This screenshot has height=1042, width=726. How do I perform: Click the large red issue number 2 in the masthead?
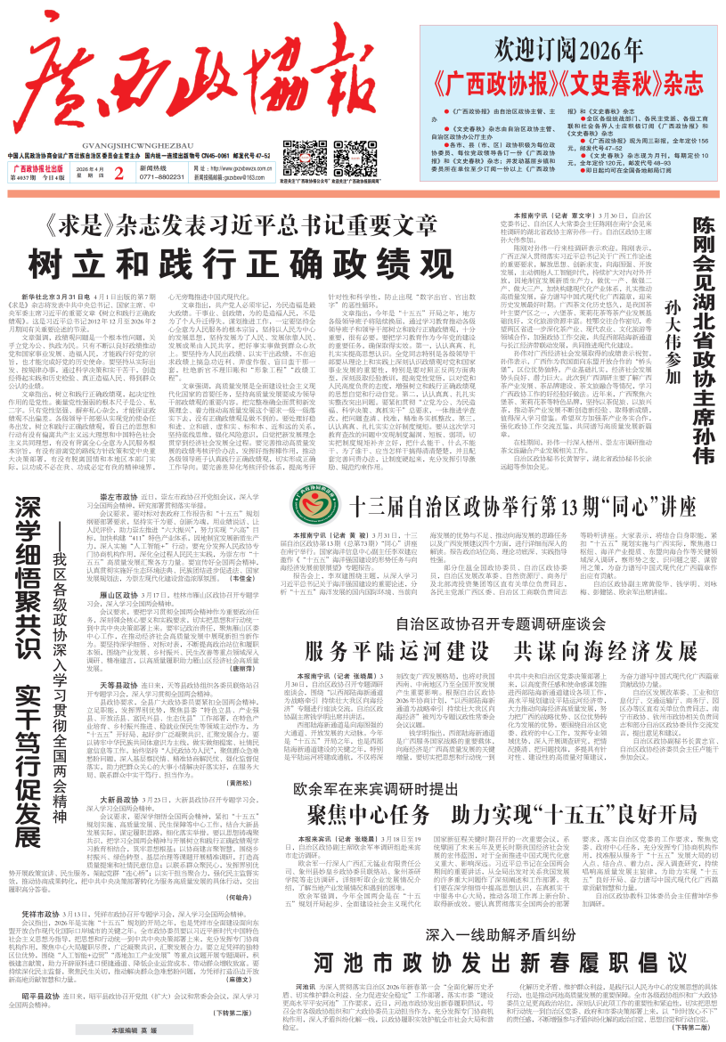coord(118,147)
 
